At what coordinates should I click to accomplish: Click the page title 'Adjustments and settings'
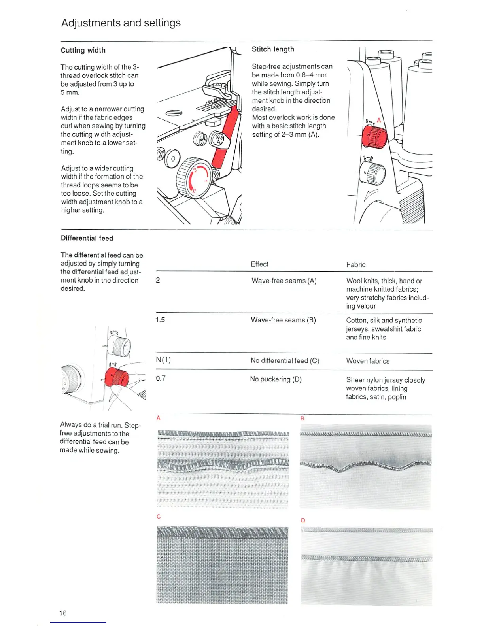121,23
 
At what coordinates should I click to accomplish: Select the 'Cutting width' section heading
83,50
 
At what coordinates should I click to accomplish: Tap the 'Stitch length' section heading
273,49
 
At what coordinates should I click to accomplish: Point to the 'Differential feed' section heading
87,238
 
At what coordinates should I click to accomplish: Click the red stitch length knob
374,137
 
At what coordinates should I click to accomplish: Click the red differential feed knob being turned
117,376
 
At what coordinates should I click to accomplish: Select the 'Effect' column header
259,264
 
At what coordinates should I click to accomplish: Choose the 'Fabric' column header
356,264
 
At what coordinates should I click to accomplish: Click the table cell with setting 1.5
160,319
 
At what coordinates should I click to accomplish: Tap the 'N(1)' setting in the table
163,360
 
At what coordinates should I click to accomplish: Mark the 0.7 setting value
161,378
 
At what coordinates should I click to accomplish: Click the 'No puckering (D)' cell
276,379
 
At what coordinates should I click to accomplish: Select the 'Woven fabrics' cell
368,361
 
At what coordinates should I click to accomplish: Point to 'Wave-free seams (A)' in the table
284,281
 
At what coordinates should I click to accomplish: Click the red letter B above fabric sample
302,418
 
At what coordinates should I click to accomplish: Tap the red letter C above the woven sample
159,516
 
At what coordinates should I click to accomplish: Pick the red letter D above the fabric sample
303,520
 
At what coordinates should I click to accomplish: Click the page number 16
63,613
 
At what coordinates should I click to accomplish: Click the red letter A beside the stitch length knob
378,120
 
